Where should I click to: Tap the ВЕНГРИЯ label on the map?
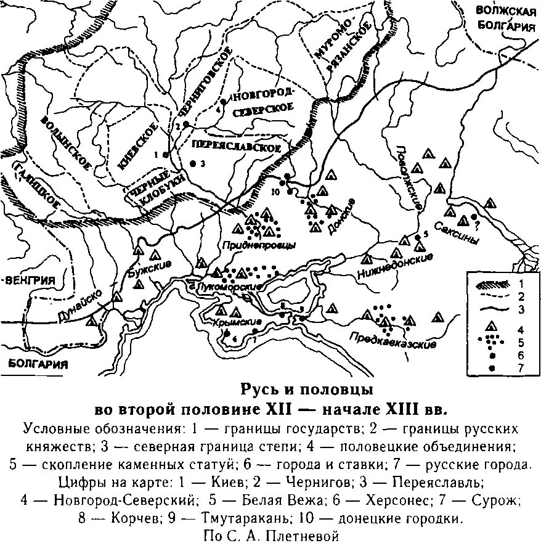[31, 280]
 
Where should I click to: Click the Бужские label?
[148, 269]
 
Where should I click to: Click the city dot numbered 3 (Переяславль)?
[193, 164]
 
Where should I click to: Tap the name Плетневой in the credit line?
[301, 536]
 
